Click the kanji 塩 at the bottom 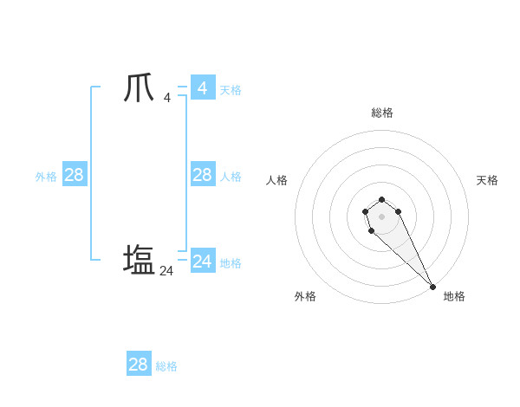tap(140, 260)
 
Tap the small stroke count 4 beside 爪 tap(166, 98)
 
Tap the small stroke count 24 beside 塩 tap(166, 271)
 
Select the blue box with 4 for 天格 tap(202, 88)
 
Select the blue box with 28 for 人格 tap(202, 175)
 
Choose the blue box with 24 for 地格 tap(202, 262)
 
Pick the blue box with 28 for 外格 tap(74, 175)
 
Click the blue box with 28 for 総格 tap(138, 365)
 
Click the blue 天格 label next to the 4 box tap(231, 90)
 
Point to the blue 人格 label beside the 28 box tap(231, 177)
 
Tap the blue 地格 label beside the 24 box tap(231, 263)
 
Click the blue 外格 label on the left tap(46, 177)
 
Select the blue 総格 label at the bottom tap(166, 366)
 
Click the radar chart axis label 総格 tap(382, 113)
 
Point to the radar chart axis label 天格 tap(487, 180)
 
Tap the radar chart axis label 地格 tap(454, 296)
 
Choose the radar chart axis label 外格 tap(305, 296)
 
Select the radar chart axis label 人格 tap(277, 180)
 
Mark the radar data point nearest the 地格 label tap(432, 287)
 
